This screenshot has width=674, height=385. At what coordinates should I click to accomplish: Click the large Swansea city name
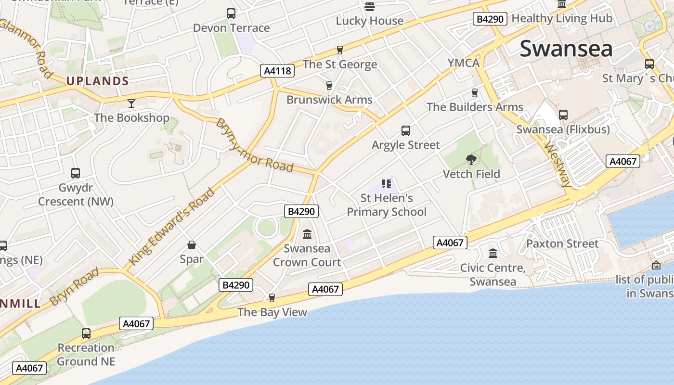(x=566, y=49)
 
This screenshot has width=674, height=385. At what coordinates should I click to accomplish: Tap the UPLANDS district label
(x=98, y=81)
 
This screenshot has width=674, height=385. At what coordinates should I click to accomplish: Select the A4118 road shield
(x=278, y=71)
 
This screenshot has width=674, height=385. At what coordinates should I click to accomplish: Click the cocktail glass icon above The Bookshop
(x=131, y=103)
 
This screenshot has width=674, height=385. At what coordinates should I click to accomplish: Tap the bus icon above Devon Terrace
(x=231, y=13)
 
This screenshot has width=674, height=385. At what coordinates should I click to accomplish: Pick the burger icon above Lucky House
(x=370, y=6)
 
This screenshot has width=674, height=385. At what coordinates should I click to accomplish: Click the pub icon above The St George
(x=340, y=50)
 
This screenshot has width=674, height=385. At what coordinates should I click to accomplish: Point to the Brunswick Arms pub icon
(x=329, y=86)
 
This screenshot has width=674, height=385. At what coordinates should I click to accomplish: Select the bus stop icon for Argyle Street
(x=406, y=130)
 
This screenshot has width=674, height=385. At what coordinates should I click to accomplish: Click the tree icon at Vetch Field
(x=471, y=159)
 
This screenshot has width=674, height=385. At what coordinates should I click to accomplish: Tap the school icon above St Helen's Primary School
(x=387, y=183)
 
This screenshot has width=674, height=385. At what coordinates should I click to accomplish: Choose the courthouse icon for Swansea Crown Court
(x=307, y=234)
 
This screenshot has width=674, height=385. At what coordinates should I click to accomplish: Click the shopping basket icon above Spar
(x=192, y=245)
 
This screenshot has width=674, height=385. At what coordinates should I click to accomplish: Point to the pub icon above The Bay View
(x=272, y=298)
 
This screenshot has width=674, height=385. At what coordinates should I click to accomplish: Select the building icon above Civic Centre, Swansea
(x=493, y=253)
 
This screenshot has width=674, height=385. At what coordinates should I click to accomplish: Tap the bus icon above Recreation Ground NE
(x=86, y=333)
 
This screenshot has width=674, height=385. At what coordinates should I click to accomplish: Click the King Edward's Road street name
(x=172, y=227)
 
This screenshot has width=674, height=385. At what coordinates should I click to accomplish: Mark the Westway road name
(x=558, y=164)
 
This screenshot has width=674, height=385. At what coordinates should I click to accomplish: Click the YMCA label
(x=464, y=63)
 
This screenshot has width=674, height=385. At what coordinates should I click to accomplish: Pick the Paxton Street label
(x=562, y=244)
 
